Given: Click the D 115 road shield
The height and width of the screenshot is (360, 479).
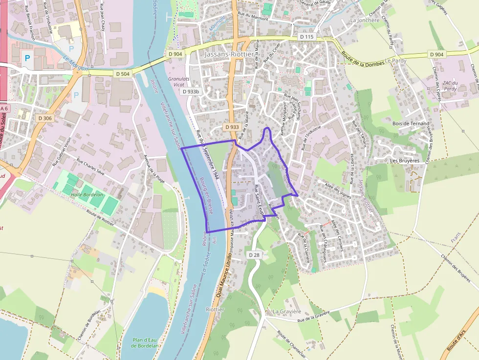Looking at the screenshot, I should pos(306,37).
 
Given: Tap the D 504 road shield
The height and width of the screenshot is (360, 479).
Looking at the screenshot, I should pos(124,74).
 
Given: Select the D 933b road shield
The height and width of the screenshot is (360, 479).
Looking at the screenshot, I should pos(191,91).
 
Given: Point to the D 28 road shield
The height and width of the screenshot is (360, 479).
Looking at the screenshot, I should pos(254,255).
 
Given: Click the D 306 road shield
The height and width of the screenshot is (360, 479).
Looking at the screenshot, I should pos(44,118).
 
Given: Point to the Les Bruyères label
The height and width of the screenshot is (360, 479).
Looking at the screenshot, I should pos(405,161).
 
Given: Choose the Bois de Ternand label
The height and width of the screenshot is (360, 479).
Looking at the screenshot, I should pos(411,124).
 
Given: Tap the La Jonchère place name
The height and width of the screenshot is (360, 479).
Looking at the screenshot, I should pos(365,21).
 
